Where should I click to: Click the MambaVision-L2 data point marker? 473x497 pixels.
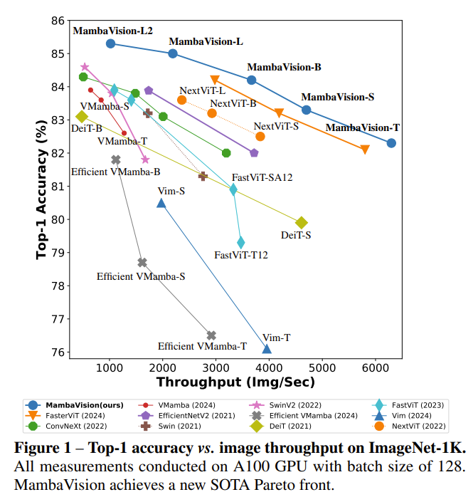point(110,43)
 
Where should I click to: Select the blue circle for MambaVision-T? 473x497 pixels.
point(391,143)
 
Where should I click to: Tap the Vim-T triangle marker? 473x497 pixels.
point(267,348)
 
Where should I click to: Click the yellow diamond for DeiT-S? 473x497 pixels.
point(302,223)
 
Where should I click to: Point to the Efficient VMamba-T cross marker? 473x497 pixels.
point(211,335)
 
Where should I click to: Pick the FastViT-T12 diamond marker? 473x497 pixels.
point(241,243)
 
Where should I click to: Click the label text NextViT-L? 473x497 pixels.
point(203,90)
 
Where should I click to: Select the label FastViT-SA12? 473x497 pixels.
point(262,177)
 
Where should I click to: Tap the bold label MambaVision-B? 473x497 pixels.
point(284,68)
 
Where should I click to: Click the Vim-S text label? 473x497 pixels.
point(171,192)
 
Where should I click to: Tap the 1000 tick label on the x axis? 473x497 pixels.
point(110,367)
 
